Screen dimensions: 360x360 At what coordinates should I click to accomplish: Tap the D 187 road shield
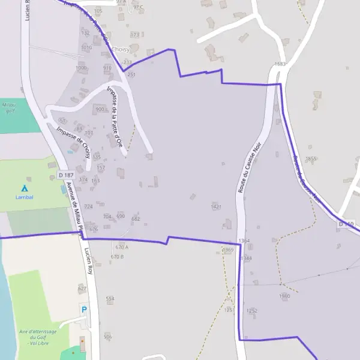[x=66, y=175]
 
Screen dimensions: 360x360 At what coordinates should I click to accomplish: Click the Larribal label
[x=24, y=197]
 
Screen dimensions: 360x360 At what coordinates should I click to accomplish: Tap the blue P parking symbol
[x=84, y=310]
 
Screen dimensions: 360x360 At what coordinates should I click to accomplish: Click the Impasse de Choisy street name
[x=73, y=141]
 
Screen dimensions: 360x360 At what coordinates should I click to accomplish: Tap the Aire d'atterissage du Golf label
[x=38, y=337]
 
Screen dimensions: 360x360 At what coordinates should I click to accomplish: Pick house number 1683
[x=280, y=64]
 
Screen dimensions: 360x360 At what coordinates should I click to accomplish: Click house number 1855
[x=310, y=158]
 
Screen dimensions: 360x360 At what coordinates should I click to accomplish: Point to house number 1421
[x=217, y=206]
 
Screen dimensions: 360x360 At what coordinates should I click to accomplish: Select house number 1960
[x=284, y=296]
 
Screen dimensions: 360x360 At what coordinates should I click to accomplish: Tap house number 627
[x=82, y=289]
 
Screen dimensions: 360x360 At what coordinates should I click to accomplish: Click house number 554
[x=110, y=298]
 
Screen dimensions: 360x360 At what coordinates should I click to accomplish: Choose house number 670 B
[x=117, y=256]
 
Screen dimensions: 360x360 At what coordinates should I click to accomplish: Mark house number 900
[x=100, y=110]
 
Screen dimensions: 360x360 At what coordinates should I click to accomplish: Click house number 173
[x=134, y=35]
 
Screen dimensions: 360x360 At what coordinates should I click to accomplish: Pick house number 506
[x=107, y=337]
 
